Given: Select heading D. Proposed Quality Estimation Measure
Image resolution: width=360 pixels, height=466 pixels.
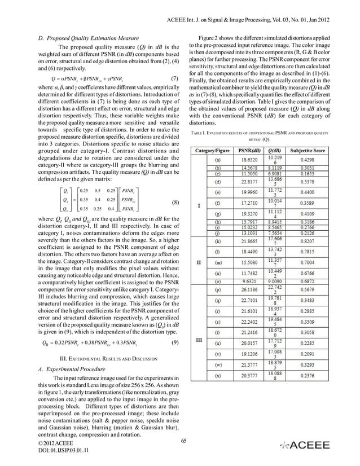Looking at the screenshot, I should (x=84, y=37).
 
